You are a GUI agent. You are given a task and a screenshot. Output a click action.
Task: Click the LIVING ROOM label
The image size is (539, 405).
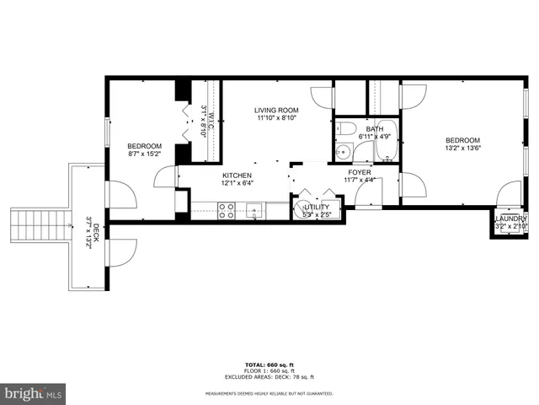[x=277, y=110]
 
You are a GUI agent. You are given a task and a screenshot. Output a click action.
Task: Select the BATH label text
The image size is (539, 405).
[x=374, y=128]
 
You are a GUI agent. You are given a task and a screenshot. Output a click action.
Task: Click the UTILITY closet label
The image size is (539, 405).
[x=316, y=207]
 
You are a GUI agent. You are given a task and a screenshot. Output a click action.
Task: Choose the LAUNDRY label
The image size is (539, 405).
[x=510, y=219]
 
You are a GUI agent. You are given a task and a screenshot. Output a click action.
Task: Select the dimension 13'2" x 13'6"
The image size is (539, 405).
[x=462, y=148]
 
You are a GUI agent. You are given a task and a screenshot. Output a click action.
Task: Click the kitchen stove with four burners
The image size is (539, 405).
[x=227, y=211]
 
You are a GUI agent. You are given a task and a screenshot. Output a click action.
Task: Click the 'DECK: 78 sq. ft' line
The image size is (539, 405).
[x=269, y=376]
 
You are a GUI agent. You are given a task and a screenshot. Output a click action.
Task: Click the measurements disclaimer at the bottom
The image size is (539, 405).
[x=269, y=393]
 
